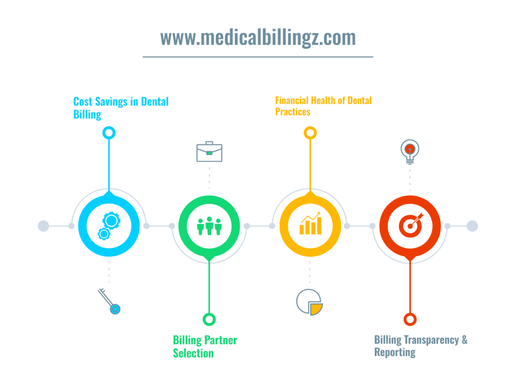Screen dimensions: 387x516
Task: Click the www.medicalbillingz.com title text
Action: (x=257, y=38)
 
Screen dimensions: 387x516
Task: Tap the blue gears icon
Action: (x=108, y=226)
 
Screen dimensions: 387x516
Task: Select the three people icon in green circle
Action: (x=209, y=226)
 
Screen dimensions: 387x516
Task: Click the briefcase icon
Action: (x=209, y=152)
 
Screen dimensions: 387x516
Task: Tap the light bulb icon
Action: (x=410, y=152)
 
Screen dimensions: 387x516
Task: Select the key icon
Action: (x=109, y=301)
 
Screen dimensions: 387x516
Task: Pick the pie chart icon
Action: (x=309, y=301)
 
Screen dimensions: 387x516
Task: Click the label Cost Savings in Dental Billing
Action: (x=121, y=108)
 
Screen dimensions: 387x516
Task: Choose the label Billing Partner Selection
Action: (x=205, y=346)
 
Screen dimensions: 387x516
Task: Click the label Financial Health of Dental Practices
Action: (x=323, y=106)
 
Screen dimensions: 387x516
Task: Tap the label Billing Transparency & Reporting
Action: (x=420, y=346)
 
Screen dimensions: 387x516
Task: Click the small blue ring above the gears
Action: (x=108, y=133)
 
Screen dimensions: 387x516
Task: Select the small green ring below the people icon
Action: (x=209, y=319)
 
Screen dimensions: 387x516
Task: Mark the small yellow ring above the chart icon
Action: (x=310, y=133)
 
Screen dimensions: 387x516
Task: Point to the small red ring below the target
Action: (x=410, y=319)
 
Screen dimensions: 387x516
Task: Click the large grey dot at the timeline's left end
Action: (x=44, y=226)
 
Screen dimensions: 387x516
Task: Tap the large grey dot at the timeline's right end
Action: (x=472, y=226)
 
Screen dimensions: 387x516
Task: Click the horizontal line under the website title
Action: (x=257, y=57)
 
